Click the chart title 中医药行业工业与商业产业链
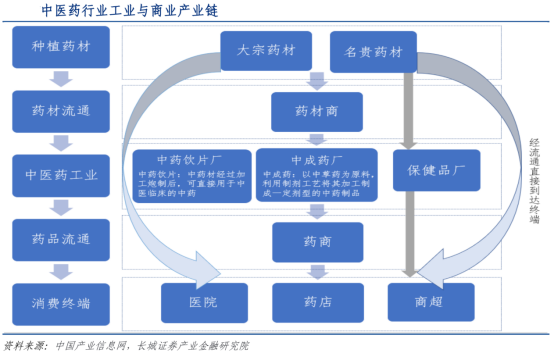[131, 10]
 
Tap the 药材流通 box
[62, 110]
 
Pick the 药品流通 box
[62, 239]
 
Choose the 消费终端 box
[62, 301]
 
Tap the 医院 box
[203, 301]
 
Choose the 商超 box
[428, 301]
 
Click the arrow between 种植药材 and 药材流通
[62, 79]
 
